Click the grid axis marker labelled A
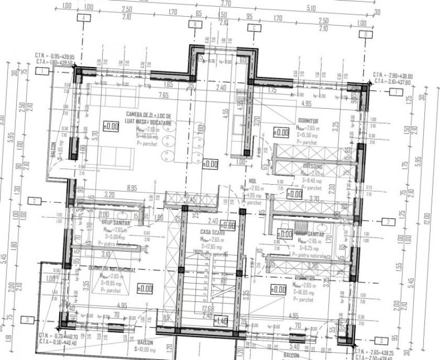(83, 17)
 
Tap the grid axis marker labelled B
(195, 24)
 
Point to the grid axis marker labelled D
(362, 35)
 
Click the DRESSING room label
(313, 166)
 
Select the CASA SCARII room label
(213, 231)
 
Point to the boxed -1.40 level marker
(221, 321)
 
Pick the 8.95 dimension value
(131, 187)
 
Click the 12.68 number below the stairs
(207, 308)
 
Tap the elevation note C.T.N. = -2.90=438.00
(392, 76)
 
